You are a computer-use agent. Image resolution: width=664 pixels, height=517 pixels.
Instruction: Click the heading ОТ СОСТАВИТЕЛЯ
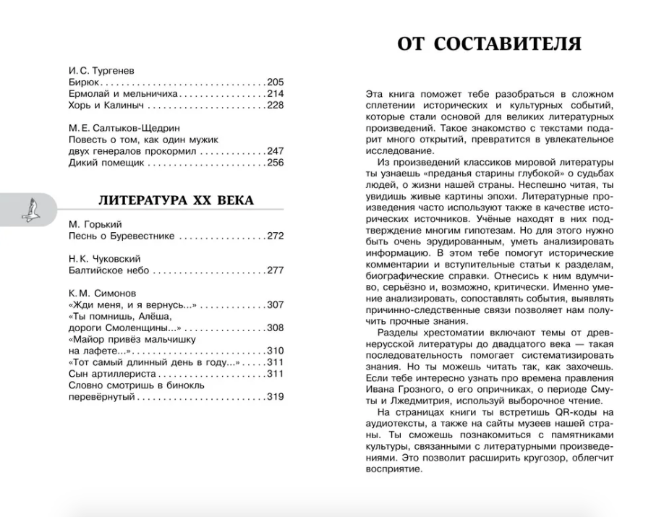(489, 45)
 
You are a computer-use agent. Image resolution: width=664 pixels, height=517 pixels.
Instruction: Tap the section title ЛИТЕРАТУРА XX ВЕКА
(176, 200)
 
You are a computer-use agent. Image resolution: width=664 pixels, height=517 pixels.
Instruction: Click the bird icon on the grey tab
(30, 211)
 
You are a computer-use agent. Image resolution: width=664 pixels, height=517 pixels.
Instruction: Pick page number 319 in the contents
(275, 396)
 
